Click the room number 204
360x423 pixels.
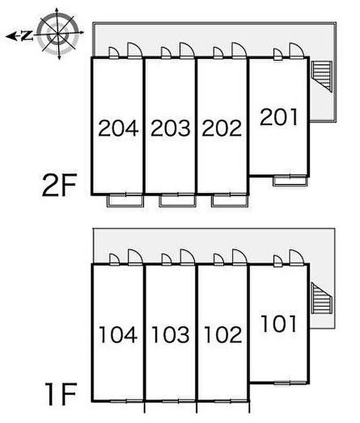pyautogui.click(x=118, y=128)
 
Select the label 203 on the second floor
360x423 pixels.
pyautogui.click(x=170, y=128)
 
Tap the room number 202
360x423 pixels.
pyautogui.click(x=222, y=128)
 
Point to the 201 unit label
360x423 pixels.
pyautogui.click(x=279, y=117)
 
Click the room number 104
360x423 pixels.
pyautogui.click(x=118, y=335)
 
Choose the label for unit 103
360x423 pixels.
pyautogui.click(x=170, y=335)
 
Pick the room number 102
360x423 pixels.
pyautogui.click(x=223, y=335)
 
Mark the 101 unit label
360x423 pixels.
pyautogui.click(x=279, y=323)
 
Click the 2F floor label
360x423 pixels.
pyautogui.click(x=60, y=185)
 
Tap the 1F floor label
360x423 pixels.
pyautogui.click(x=61, y=394)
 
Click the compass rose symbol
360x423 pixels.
pyautogui.click(x=58, y=33)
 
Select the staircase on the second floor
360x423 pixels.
pyautogui.click(x=321, y=77)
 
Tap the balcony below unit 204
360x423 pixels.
pyautogui.click(x=125, y=201)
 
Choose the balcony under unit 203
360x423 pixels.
pyautogui.click(x=177, y=201)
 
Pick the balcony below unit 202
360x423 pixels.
pyautogui.click(x=230, y=201)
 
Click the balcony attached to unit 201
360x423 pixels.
pyautogui.click(x=291, y=181)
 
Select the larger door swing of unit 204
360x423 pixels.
pyautogui.click(x=135, y=50)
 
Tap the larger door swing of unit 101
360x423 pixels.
pyautogui.click(x=297, y=258)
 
